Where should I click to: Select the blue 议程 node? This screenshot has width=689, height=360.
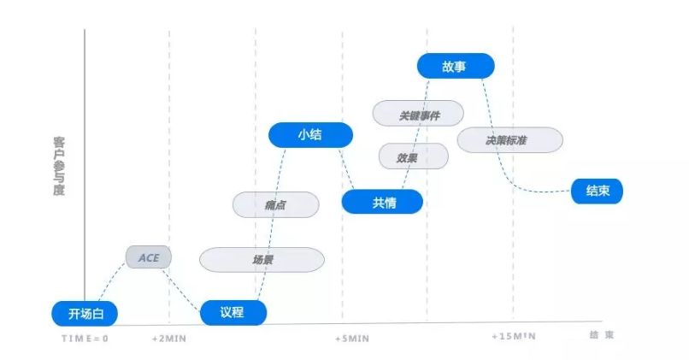point(233,313)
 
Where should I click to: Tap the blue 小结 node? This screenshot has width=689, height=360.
point(298,134)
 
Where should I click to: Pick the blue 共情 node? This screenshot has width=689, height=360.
point(383,202)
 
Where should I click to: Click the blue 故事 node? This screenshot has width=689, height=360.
point(456,65)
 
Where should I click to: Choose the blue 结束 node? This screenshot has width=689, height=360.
point(597,191)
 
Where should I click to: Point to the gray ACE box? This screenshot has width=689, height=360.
point(148,257)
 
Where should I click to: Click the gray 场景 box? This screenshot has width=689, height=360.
point(262,259)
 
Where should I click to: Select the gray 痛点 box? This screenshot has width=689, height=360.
point(275,204)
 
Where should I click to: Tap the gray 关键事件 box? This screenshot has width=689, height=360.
point(419,113)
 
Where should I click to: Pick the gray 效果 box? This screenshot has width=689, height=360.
point(413,156)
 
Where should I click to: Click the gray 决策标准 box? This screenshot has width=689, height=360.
point(509,139)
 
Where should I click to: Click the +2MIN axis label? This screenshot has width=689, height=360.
point(169,338)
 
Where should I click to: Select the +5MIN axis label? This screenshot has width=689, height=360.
point(352,338)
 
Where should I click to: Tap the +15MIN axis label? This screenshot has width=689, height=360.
point(514,336)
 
